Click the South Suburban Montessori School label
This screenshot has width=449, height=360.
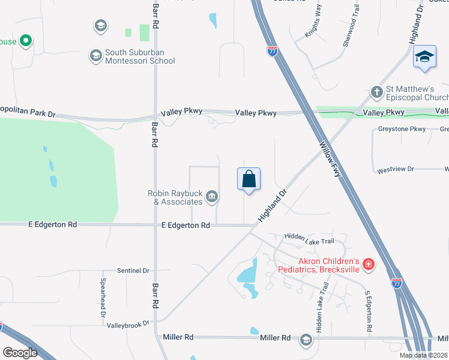point(140,56)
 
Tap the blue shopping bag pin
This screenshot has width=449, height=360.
point(249,179)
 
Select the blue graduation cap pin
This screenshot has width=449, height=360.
point(424,58)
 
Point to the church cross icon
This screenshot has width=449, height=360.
point(376,92)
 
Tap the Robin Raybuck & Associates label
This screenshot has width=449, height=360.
point(175,197)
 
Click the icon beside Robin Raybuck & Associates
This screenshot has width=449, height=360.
point(212,196)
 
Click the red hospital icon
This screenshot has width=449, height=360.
point(368,263)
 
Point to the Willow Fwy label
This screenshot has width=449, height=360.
point(331,160)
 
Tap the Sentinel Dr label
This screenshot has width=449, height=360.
point(133,271)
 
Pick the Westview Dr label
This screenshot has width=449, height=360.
point(396,170)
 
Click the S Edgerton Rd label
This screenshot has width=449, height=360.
point(369,313)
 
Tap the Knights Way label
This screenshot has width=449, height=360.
point(313,28)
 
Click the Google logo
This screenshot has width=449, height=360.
point(20,352)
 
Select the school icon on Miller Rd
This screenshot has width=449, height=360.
point(306,340)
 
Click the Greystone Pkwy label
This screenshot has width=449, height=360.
point(402,129)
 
